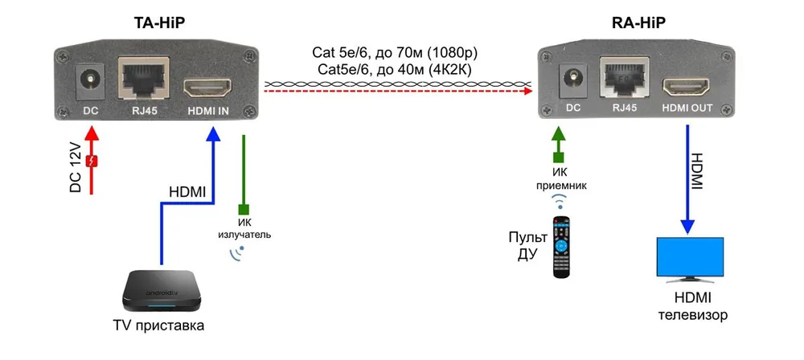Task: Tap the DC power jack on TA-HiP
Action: (x=91, y=81)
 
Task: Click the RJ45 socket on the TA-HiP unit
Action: (x=144, y=76)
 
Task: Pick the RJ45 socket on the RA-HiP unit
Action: (x=624, y=77)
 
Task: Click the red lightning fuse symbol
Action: (x=92, y=162)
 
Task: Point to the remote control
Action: (x=560, y=247)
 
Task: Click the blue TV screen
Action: (x=691, y=256)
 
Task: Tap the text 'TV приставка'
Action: (x=158, y=325)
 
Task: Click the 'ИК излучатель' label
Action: (x=244, y=229)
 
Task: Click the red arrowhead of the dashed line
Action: (x=527, y=91)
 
